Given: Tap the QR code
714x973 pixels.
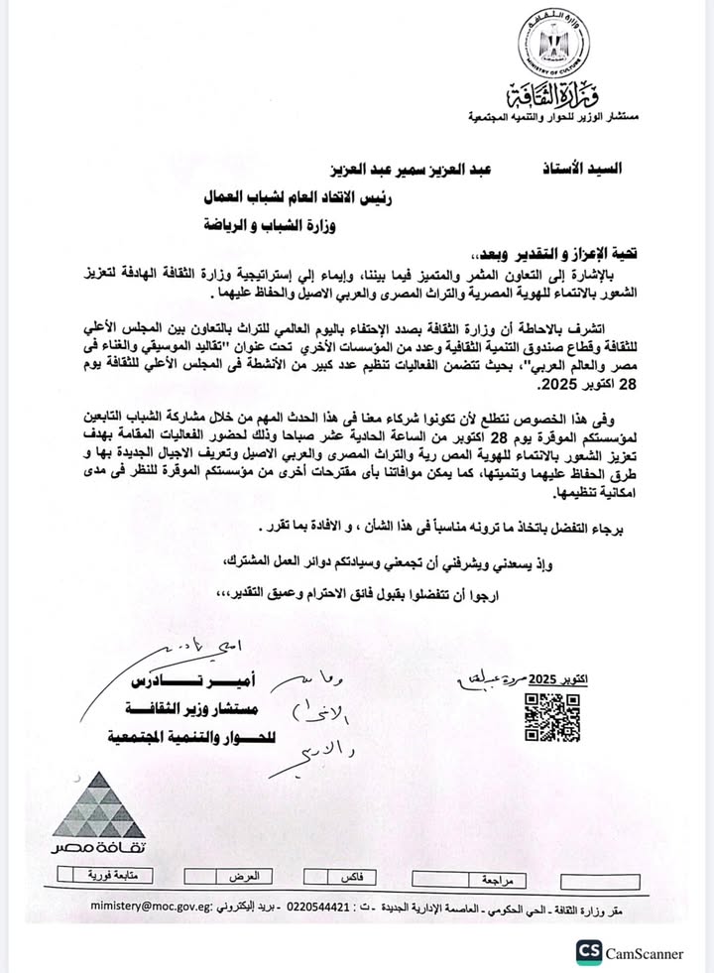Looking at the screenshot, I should pyautogui.click(x=551, y=716).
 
